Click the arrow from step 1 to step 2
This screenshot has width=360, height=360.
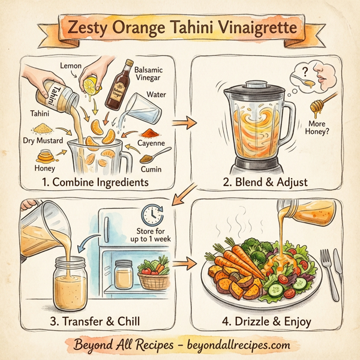click(185, 124)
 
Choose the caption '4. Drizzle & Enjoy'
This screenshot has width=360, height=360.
click(265, 322)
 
